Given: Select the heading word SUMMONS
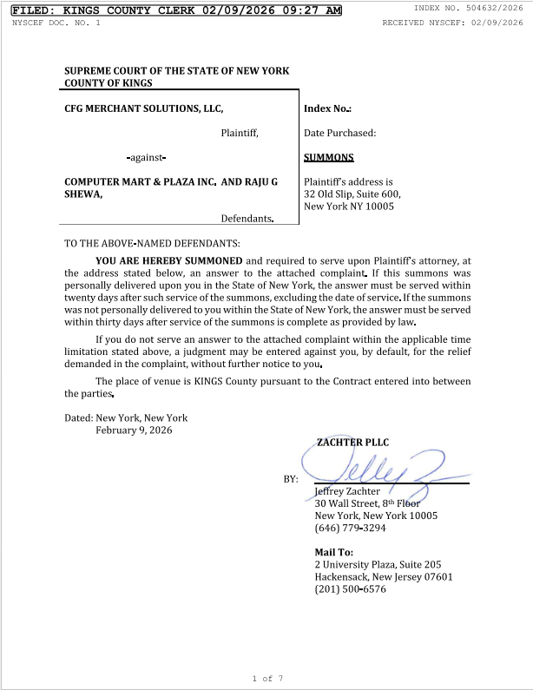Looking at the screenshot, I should tap(329, 158).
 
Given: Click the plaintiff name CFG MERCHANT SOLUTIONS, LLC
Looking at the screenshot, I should tap(144, 108).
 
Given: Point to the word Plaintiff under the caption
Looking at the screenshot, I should tap(240, 134).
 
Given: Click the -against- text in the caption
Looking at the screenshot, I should tap(146, 158).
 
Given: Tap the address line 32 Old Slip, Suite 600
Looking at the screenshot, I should tap(352, 194).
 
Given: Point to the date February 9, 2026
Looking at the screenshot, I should tap(134, 430).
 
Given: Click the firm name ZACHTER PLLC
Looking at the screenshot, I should tap(352, 443).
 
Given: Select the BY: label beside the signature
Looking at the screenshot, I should tap(291, 479).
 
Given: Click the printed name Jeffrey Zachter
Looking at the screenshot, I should tap(347, 491).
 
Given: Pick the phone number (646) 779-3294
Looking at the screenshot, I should tap(350, 528).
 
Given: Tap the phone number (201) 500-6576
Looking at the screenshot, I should tap(350, 589).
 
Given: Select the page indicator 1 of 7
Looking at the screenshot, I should tap(267, 678).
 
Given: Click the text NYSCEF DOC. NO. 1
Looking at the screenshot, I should tap(56, 23).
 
